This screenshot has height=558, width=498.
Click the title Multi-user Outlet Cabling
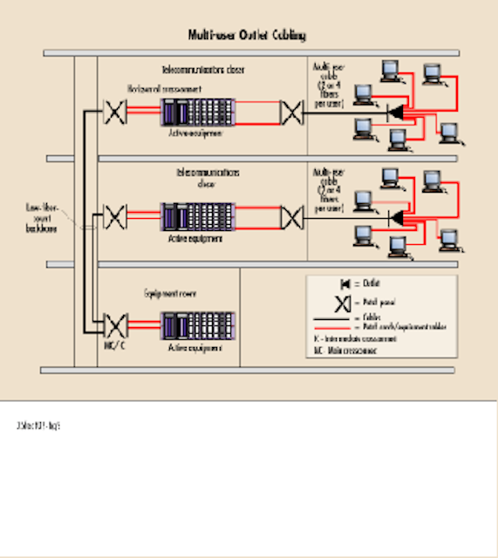click(x=247, y=36)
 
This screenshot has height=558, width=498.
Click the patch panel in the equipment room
click(x=115, y=324)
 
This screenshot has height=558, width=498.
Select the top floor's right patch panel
click(x=291, y=112)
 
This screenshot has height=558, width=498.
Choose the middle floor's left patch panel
click(x=115, y=215)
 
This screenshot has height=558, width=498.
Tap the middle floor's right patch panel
click(x=291, y=215)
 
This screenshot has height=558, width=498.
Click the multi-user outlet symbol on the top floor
click(x=396, y=112)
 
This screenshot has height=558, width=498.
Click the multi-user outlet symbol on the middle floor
click(x=396, y=215)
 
